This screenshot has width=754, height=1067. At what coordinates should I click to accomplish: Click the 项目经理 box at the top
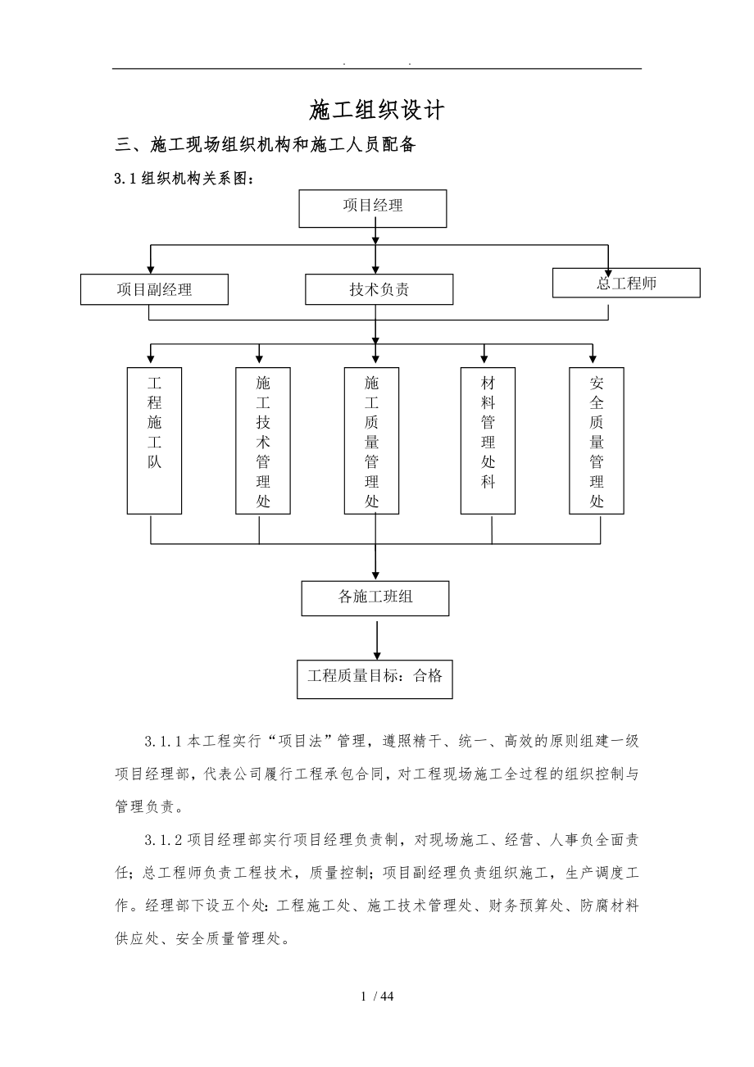372,208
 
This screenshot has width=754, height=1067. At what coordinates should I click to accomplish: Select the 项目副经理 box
154,289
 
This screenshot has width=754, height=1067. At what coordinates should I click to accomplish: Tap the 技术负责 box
379,289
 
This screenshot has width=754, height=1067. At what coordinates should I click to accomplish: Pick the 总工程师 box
626,283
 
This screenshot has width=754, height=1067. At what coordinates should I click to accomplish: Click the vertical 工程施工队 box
154,440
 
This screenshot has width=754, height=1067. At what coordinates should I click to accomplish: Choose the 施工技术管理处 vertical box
263,440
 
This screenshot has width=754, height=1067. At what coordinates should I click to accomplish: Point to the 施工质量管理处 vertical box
371,440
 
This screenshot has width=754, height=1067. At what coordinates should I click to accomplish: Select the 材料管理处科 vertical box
488,440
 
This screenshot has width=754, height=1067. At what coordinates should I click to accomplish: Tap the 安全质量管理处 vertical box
597,440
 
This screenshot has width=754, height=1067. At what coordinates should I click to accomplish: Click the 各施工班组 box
375,597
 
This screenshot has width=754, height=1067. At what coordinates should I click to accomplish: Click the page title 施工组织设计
377,109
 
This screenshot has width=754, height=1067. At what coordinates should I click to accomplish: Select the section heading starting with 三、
266,146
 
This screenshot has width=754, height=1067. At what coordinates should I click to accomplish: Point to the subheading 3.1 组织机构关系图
184,178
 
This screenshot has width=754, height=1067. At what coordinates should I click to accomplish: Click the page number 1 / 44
377,997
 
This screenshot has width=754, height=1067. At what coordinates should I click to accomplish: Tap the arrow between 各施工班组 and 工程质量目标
376,639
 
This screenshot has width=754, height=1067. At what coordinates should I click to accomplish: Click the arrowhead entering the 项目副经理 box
150,268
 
